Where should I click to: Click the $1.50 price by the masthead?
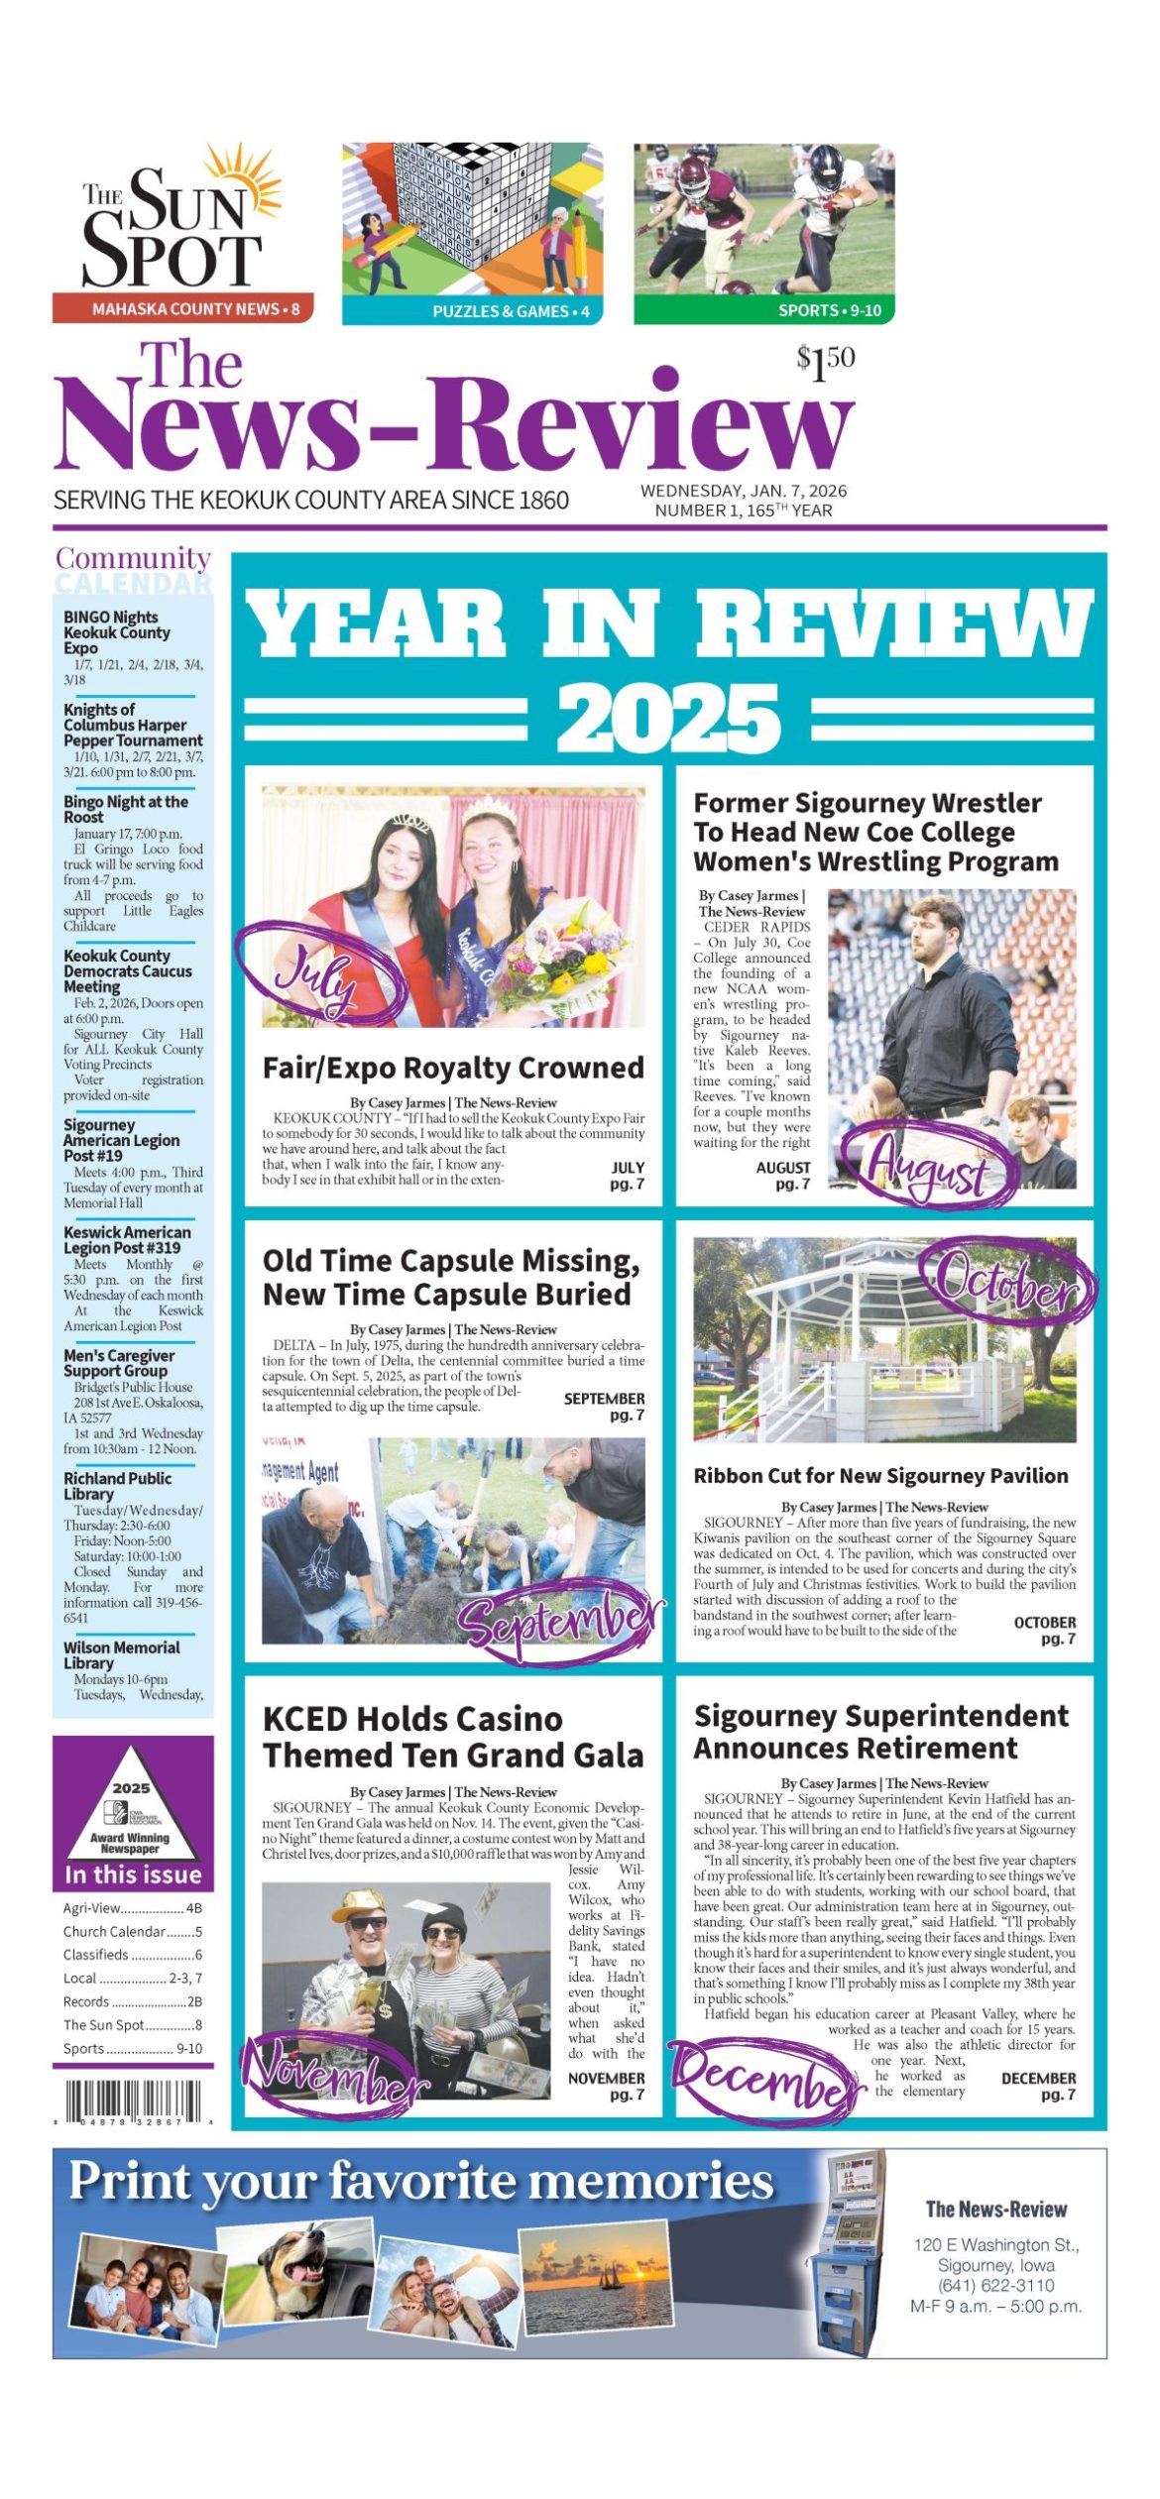coord(825,362)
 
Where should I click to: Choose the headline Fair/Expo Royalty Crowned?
coord(453,1068)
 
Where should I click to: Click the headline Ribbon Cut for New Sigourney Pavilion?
coord(880,1476)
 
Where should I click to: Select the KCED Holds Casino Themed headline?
coord(453,1738)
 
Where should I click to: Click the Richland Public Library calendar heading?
coord(118,1486)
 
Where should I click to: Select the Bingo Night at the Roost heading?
coord(126,809)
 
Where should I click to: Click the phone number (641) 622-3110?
coord(995,2285)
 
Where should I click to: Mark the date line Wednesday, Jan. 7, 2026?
coord(744,491)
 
